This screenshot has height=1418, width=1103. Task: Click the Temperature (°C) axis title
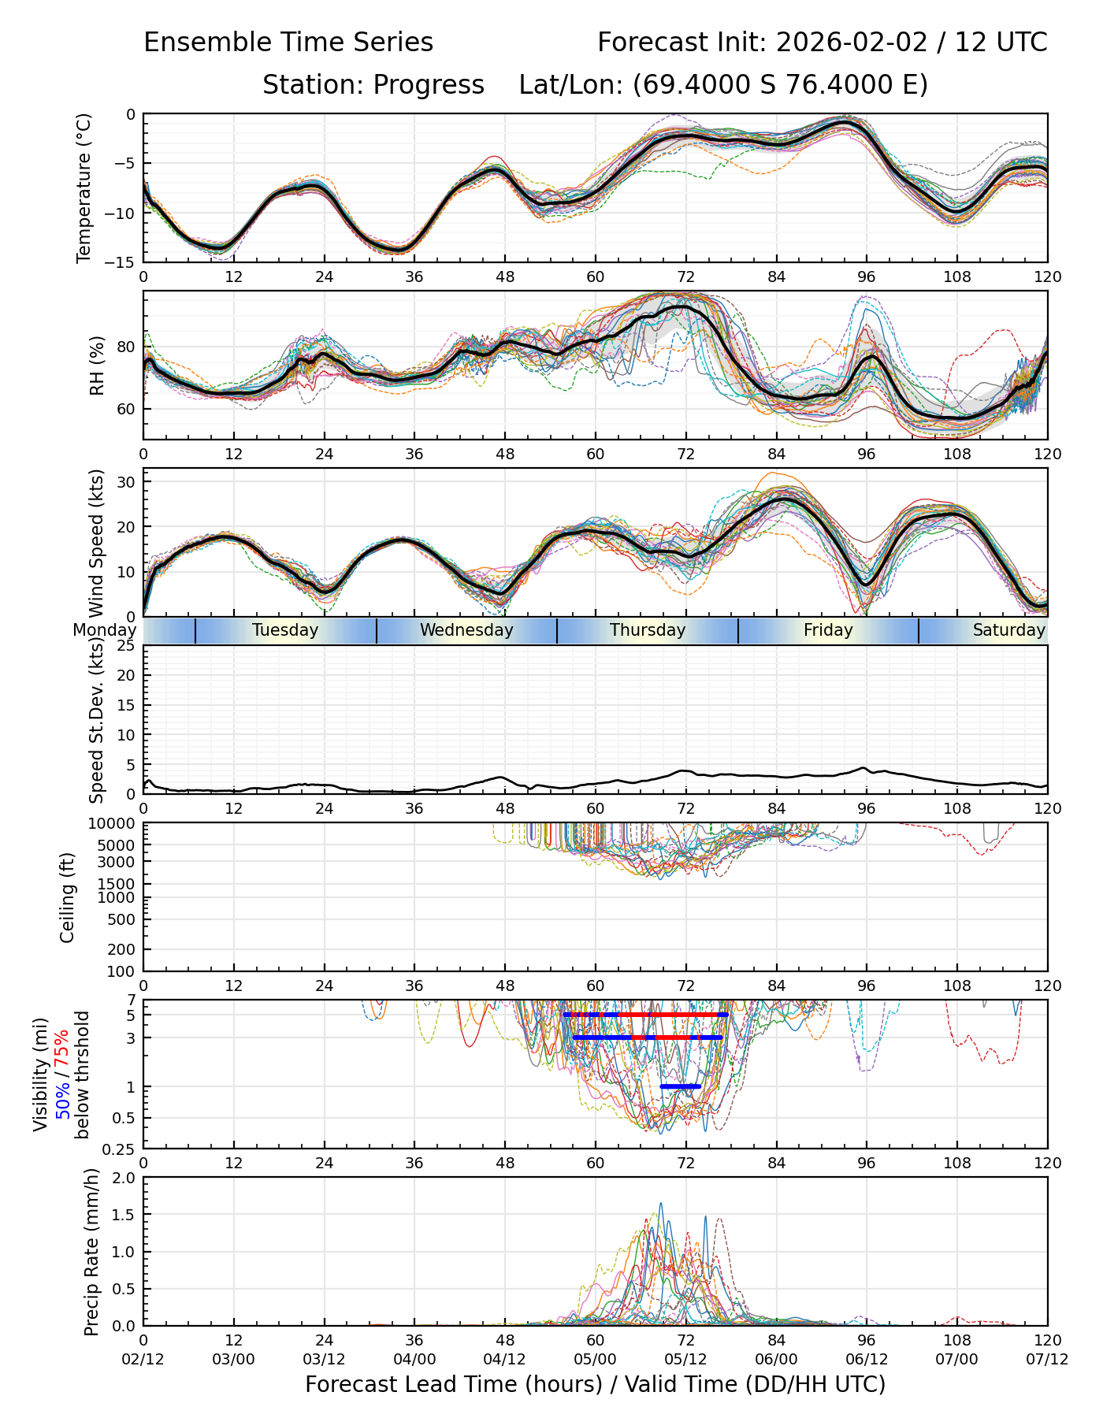click(x=84, y=187)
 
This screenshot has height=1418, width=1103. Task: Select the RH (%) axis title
click(x=97, y=366)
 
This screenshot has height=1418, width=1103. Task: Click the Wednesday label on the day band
click(x=466, y=630)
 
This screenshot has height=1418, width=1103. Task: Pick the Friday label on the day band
click(x=828, y=630)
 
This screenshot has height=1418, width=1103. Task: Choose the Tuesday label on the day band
click(x=285, y=630)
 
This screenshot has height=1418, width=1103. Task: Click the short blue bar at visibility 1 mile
click(x=681, y=1086)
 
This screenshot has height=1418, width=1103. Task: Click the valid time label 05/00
click(x=595, y=1359)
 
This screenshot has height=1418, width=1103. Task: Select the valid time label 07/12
click(x=1047, y=1359)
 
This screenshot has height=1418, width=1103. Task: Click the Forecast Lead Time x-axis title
click(x=595, y=1384)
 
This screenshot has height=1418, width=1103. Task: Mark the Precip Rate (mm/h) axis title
click(x=92, y=1252)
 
